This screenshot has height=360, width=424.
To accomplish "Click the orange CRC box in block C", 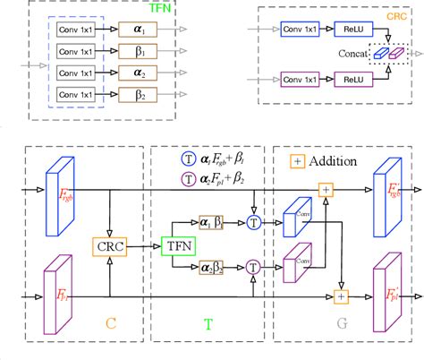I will click(109, 244).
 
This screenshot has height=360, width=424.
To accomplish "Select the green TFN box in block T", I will click(177, 244).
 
